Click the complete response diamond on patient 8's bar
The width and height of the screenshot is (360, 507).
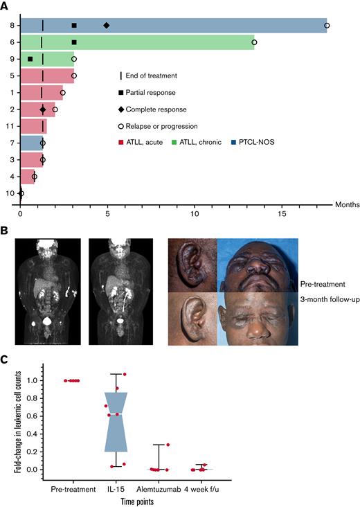(x=106, y=26)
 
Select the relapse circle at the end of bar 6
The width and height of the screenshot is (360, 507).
(x=254, y=42)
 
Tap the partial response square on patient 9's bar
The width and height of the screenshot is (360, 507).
(x=30, y=59)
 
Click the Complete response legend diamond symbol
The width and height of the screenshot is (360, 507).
(x=122, y=109)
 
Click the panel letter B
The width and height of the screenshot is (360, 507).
(x=6, y=224)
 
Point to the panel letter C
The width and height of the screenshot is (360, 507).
(x=6, y=359)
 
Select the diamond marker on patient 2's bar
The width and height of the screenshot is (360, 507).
(x=43, y=109)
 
